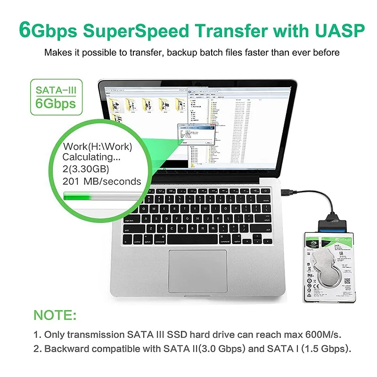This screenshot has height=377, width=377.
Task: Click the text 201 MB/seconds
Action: click(102, 181)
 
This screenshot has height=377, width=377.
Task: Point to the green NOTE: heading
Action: click(55, 315)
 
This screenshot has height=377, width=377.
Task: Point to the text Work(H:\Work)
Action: click(97, 147)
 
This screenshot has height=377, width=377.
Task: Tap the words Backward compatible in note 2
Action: click(92, 349)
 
